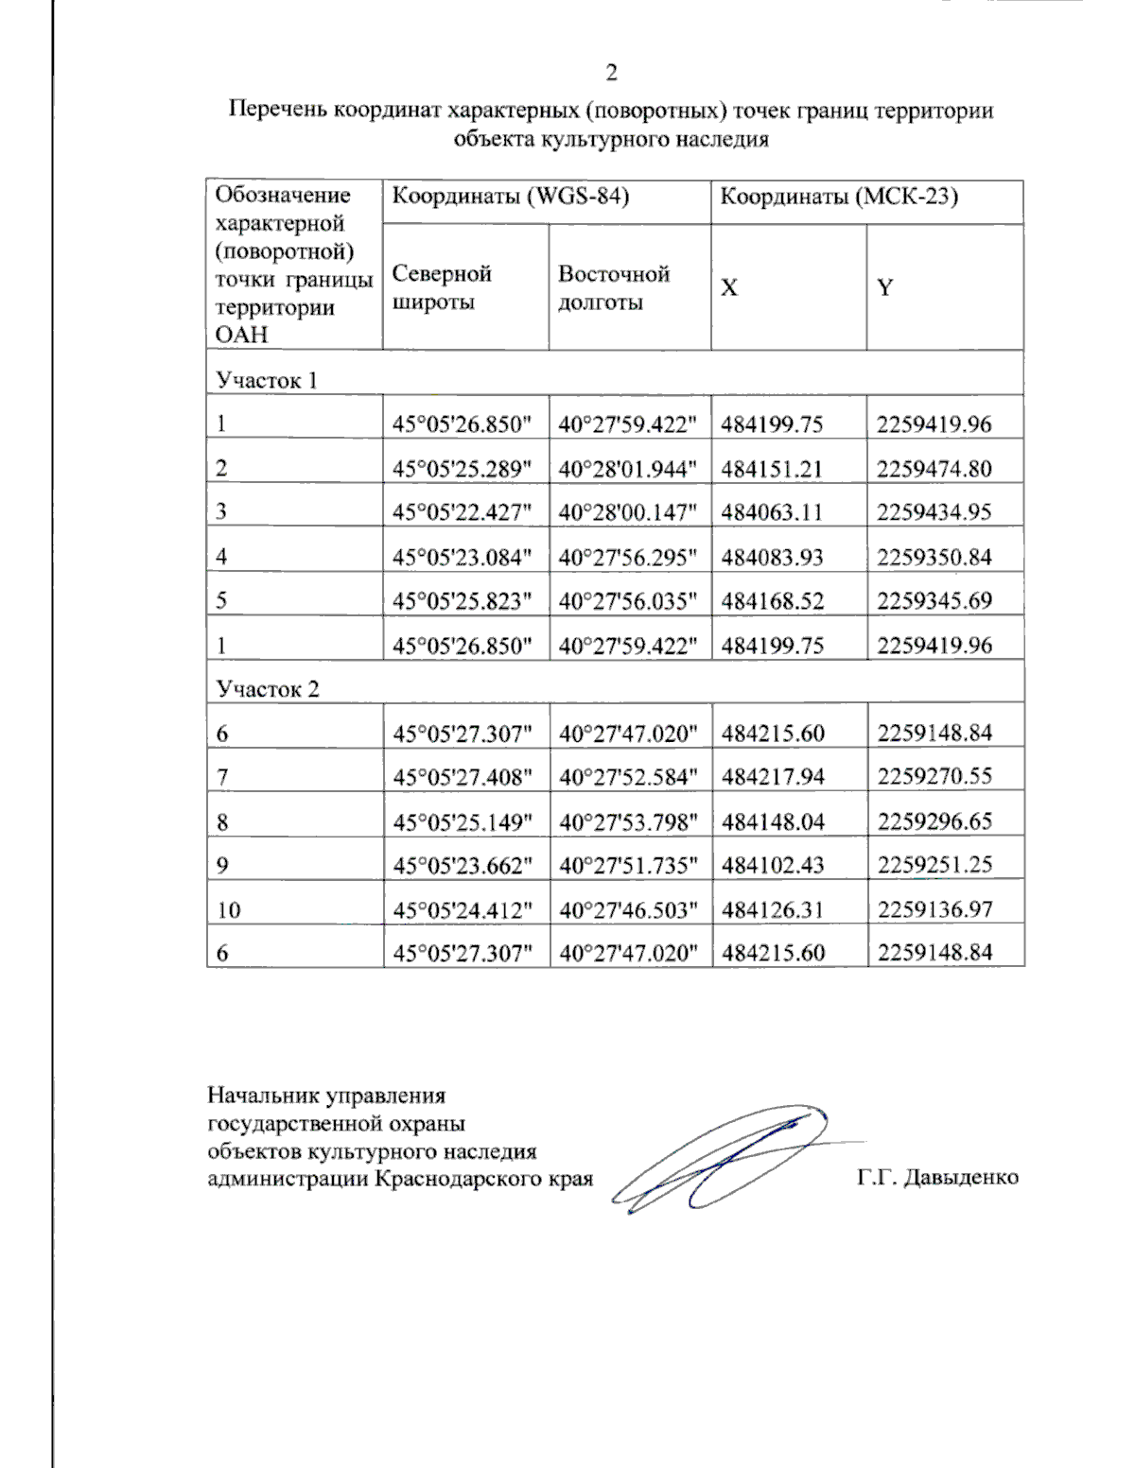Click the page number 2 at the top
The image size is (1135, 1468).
click(611, 74)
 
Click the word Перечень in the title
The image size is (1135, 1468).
click(274, 111)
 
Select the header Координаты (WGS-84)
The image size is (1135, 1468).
click(511, 197)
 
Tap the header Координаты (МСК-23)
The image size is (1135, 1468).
click(839, 197)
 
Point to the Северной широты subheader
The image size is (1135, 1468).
click(442, 287)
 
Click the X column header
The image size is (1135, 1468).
click(729, 288)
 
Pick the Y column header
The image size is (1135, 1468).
click(884, 288)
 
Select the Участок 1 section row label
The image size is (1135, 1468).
click(267, 380)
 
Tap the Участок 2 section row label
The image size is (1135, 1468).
click(268, 689)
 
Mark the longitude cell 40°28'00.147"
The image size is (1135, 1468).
click(628, 512)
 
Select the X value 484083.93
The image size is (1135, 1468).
click(772, 557)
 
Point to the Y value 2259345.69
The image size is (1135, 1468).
click(934, 600)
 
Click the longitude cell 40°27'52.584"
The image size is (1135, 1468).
click(628, 777)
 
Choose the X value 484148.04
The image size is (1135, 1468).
click(772, 821)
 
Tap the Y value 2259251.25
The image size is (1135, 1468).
click(934, 865)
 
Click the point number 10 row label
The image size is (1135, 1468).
click(228, 910)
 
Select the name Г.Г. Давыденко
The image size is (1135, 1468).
click(937, 1178)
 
